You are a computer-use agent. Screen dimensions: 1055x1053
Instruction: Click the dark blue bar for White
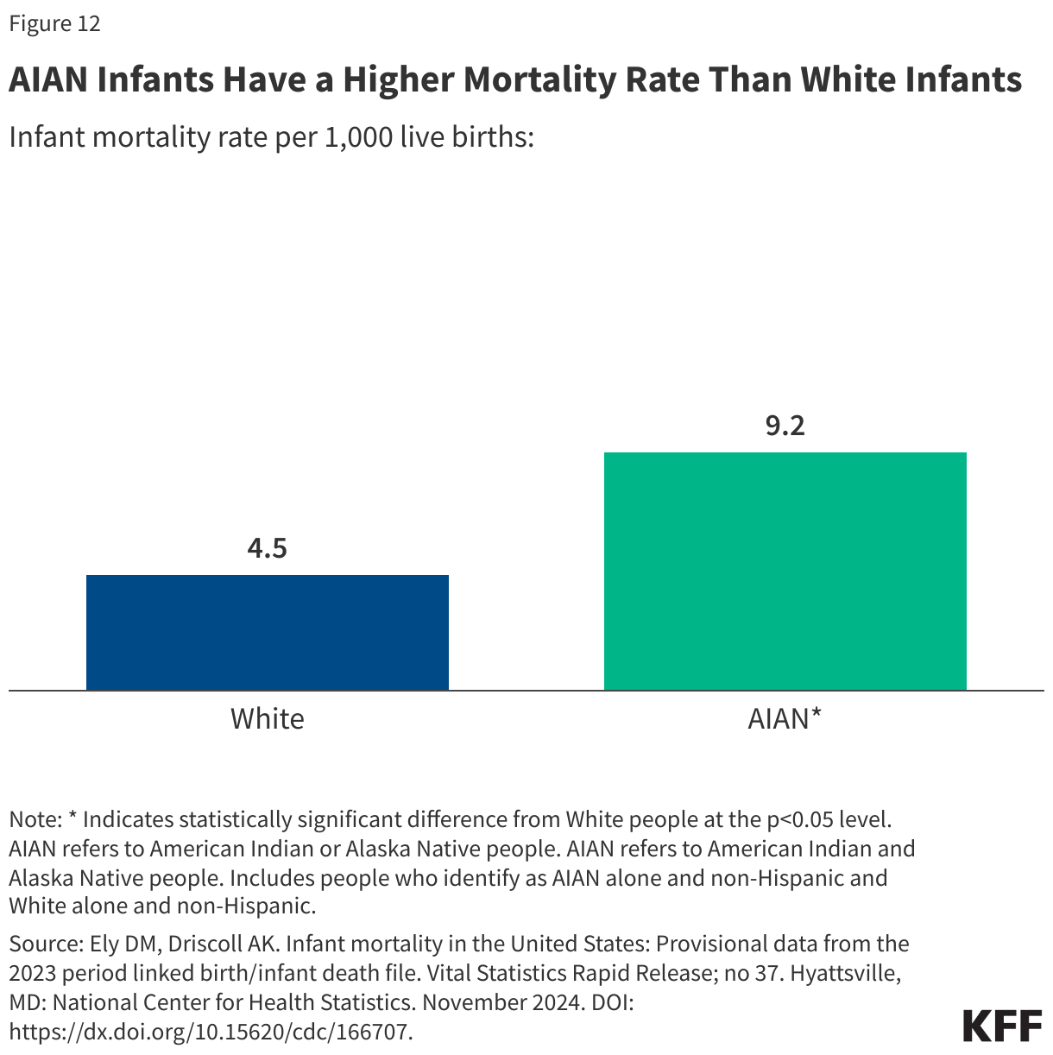(268, 632)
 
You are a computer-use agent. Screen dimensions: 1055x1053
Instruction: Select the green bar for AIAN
(785, 571)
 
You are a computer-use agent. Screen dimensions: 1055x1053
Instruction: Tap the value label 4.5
(268, 548)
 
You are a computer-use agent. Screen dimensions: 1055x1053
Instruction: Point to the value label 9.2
(785, 426)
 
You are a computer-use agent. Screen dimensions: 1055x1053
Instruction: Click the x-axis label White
(268, 719)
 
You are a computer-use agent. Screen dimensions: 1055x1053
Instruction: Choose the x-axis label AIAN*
(785, 719)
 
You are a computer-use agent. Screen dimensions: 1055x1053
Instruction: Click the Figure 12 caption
(55, 24)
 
